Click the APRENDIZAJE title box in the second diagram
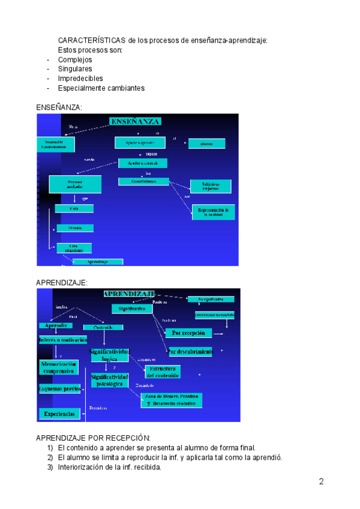point(129,294)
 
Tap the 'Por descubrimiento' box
point(190,352)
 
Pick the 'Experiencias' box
point(60,414)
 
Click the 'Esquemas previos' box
point(60,389)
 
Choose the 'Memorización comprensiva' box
point(58,367)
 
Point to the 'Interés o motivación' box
point(59,340)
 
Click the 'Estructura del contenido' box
point(163,371)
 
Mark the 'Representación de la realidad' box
point(213,212)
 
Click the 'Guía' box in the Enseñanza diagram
point(74,208)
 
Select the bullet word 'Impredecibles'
point(80,79)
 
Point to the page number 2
point(321,481)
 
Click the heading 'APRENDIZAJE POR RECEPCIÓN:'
point(93,438)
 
